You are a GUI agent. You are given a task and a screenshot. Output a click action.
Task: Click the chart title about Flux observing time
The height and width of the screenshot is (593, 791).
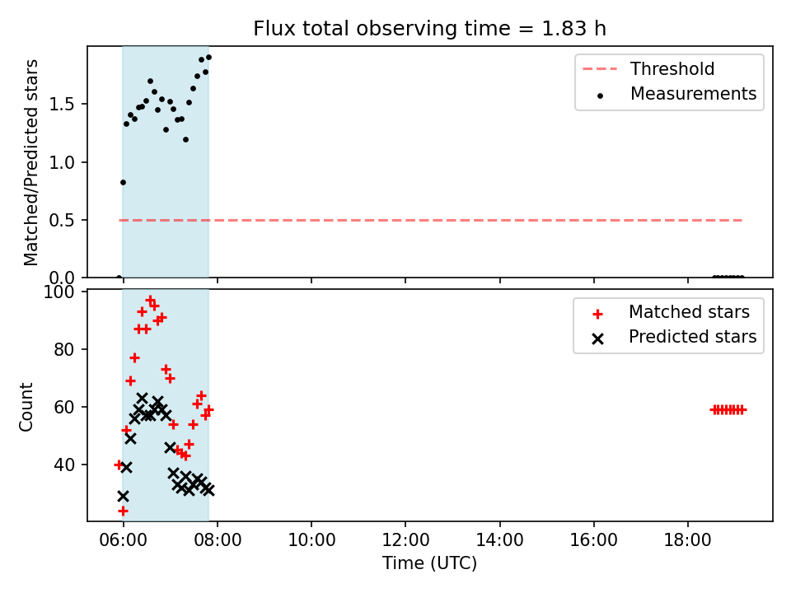(429, 29)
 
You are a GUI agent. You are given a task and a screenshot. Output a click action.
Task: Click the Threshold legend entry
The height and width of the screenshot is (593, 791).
(648, 68)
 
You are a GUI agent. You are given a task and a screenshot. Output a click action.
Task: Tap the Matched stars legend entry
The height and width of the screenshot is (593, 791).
(671, 312)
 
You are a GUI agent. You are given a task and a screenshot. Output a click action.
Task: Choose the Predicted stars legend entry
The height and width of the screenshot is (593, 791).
(674, 337)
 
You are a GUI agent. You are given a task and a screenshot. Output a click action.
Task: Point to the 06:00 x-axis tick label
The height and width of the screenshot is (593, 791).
(123, 540)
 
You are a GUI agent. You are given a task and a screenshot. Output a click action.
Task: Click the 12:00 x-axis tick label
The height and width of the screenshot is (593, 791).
(405, 540)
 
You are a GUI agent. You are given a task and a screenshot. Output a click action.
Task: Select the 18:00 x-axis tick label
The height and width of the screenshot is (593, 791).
(687, 540)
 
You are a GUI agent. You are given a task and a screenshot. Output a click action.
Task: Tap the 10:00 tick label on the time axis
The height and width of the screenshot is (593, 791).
(311, 540)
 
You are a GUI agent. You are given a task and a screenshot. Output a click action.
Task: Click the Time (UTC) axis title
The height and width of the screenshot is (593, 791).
(429, 563)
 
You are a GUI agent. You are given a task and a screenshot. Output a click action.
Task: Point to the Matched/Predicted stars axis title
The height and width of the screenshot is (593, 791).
(30, 162)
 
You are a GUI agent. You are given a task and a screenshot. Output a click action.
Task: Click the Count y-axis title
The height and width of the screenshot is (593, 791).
(26, 407)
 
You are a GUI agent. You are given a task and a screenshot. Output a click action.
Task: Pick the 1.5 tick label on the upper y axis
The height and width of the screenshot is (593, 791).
(62, 105)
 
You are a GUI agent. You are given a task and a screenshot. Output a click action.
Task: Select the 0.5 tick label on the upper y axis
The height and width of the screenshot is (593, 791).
(62, 221)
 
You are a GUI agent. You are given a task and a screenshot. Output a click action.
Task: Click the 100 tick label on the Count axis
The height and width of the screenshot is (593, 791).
(59, 292)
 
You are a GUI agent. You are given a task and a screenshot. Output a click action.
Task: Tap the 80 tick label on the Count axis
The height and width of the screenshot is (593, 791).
(64, 349)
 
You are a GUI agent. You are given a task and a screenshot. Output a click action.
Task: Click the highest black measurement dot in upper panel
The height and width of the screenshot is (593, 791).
(208, 58)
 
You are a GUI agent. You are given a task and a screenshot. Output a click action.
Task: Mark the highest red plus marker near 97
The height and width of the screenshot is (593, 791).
(150, 300)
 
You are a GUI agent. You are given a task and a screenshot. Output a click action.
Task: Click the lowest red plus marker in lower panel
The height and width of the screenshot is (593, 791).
(123, 511)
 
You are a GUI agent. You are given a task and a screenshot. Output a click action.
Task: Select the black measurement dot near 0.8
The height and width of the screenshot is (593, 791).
(123, 183)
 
